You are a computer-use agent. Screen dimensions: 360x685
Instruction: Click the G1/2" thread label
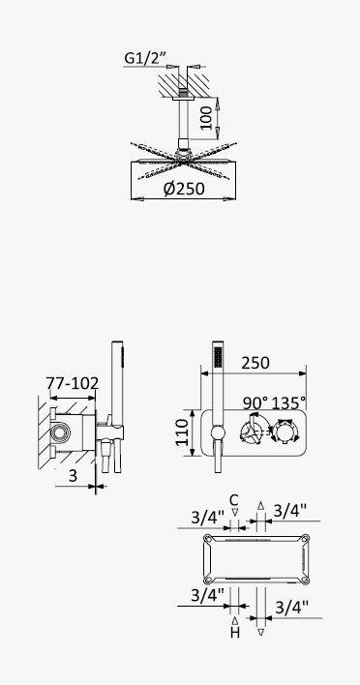pos(145,58)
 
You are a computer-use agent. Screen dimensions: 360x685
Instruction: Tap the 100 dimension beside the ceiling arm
pos(206,118)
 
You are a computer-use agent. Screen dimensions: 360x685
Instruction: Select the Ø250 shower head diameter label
pos(184,189)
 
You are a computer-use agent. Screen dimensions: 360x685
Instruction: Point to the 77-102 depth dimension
pos(73,383)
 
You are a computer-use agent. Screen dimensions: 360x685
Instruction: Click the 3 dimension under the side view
pos(73,476)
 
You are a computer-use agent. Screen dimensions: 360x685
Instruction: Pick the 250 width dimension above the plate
pos(255,363)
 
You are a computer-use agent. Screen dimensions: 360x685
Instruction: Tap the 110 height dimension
pos(183,432)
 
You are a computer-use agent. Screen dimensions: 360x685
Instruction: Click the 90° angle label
pos(256,402)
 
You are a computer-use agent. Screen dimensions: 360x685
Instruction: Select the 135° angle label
pos(288,402)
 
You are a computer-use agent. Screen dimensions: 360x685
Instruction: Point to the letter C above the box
pos(234,500)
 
